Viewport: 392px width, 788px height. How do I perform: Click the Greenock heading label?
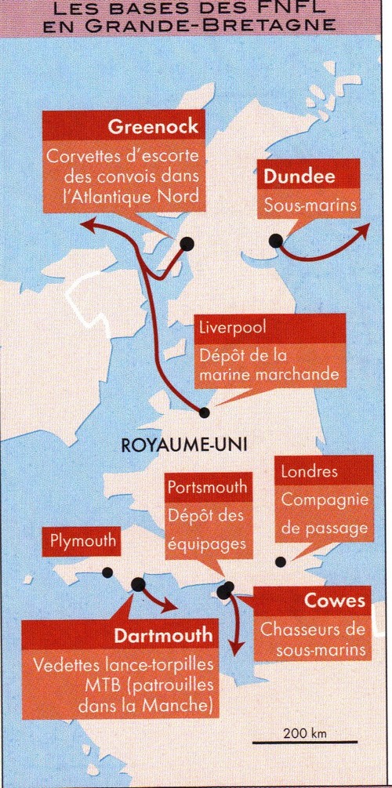[x=152, y=127]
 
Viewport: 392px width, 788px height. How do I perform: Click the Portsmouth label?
[x=208, y=487]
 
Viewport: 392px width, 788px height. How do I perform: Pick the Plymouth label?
[x=83, y=540]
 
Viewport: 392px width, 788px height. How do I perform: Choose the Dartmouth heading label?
[x=163, y=634]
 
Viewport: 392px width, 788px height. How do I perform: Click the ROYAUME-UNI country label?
[x=184, y=445]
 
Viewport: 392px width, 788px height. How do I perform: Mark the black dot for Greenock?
[x=187, y=244]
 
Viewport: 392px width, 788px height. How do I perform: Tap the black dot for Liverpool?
[x=205, y=412]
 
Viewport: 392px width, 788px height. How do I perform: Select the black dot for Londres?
[x=281, y=561]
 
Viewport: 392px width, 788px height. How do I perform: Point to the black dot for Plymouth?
[x=107, y=572]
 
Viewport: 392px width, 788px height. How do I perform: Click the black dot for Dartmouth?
[x=139, y=584]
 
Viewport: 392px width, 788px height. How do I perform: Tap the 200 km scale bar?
[x=305, y=741]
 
